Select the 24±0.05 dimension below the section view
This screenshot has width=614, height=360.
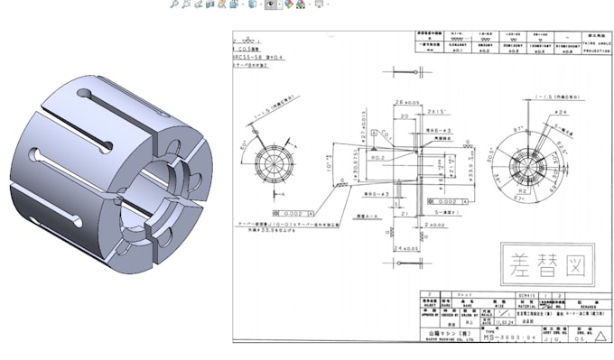click(405, 246)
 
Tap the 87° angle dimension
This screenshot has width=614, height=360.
click(516, 134)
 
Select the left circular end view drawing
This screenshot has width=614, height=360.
click(270, 163)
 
